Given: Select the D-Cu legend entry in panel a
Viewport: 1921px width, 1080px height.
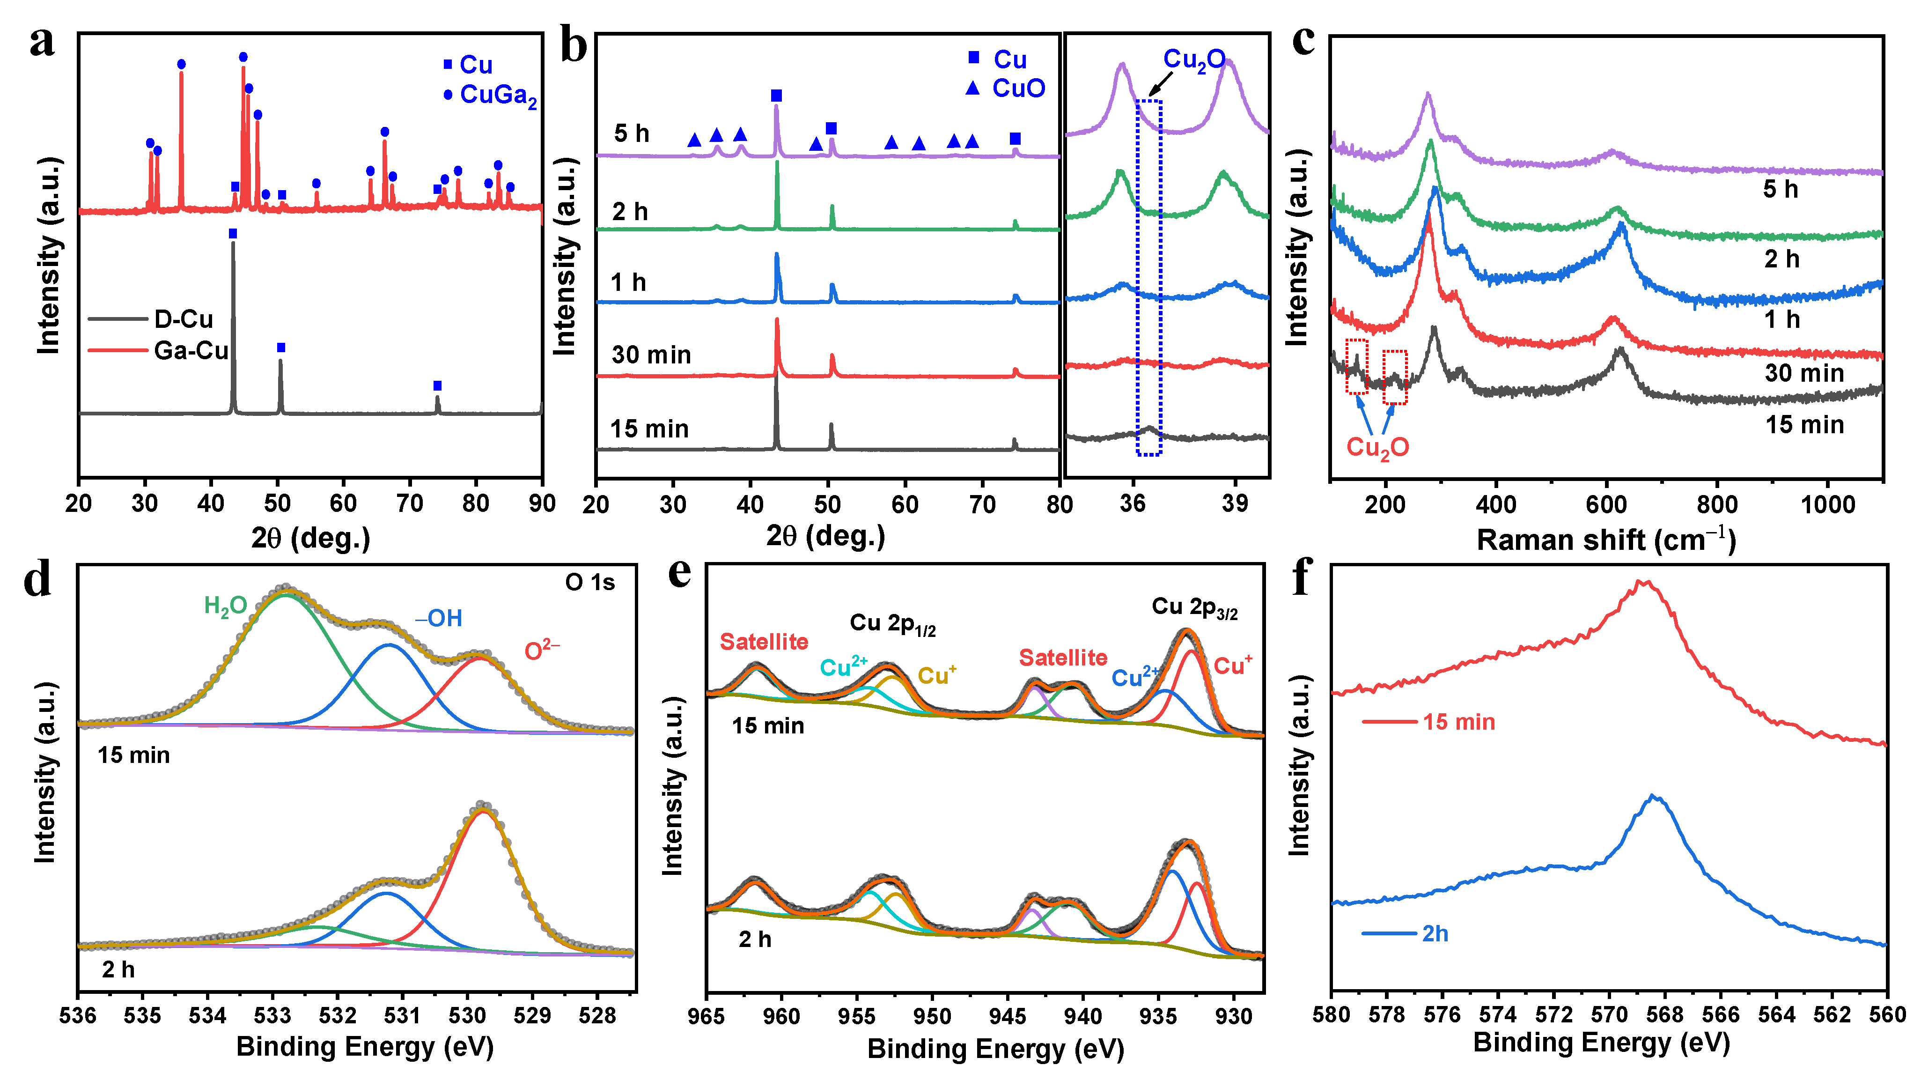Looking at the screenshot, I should point(183,319).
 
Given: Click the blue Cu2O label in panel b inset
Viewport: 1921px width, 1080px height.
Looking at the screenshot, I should point(1194,59).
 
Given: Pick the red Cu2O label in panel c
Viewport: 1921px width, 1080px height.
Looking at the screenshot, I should point(1377,448).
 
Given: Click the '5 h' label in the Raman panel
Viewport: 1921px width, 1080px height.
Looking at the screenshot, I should point(1780,190).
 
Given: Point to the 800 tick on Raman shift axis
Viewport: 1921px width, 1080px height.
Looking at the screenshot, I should point(1717,505).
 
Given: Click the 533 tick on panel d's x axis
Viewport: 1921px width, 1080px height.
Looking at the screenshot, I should point(272,1016).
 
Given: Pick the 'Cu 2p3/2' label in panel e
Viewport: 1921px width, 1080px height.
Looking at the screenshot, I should point(1194,608).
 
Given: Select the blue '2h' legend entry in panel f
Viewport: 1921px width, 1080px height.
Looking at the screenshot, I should point(1434,934).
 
